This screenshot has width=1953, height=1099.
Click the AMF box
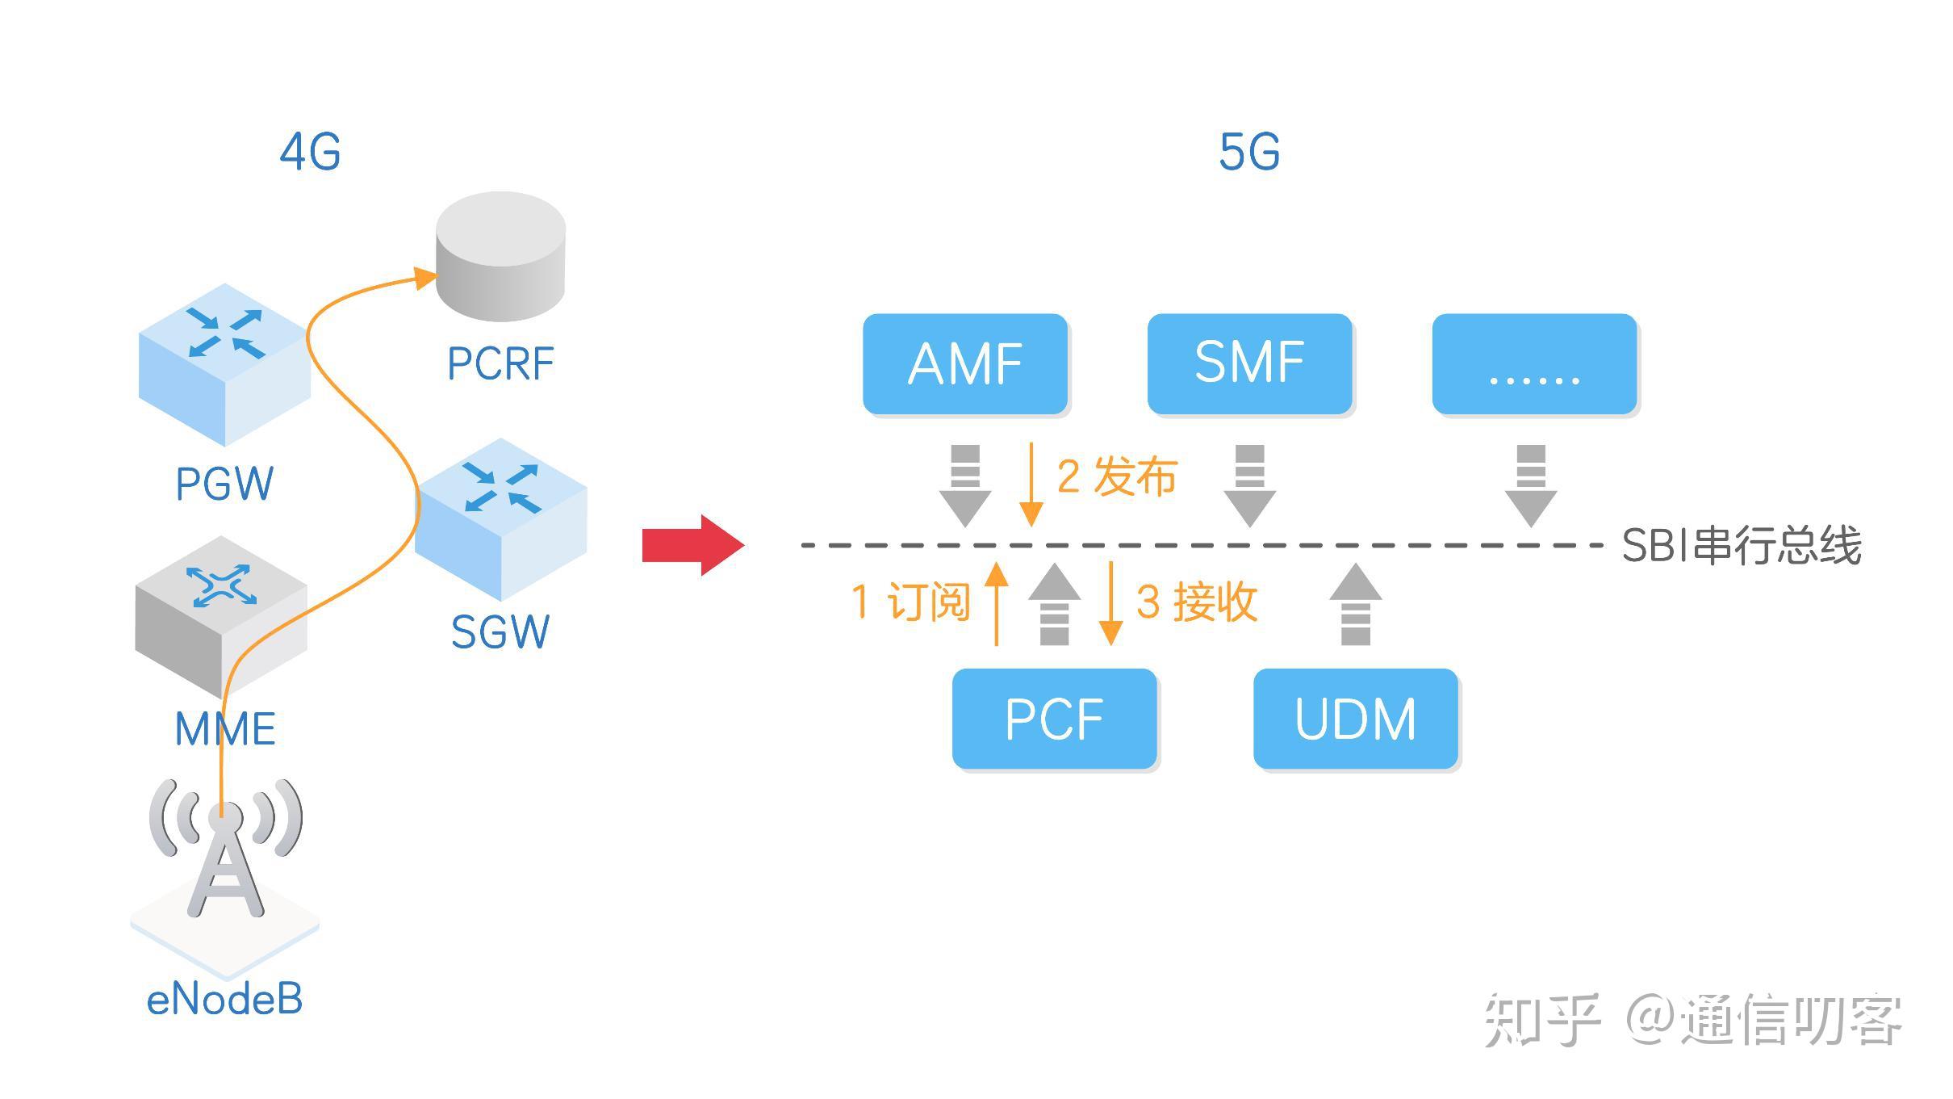965,364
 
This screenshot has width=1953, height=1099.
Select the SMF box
1249,364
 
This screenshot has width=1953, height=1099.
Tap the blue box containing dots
1534,364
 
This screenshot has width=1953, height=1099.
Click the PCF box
1054,719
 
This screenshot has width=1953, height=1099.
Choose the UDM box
1356,719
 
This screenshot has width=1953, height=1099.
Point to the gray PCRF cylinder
500,257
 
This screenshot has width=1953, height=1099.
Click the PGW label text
224,484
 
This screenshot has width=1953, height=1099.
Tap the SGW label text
500,632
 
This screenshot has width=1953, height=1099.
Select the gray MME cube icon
221,618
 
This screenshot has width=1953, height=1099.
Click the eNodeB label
224,1000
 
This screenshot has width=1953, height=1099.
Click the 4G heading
311,152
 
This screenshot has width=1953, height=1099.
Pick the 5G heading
1249,152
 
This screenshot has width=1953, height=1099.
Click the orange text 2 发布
1117,476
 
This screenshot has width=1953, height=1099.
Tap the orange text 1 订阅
910,602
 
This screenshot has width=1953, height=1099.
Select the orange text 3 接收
1196,602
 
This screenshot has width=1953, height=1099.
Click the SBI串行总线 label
1742,546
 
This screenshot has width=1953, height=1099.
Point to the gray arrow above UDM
1356,604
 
